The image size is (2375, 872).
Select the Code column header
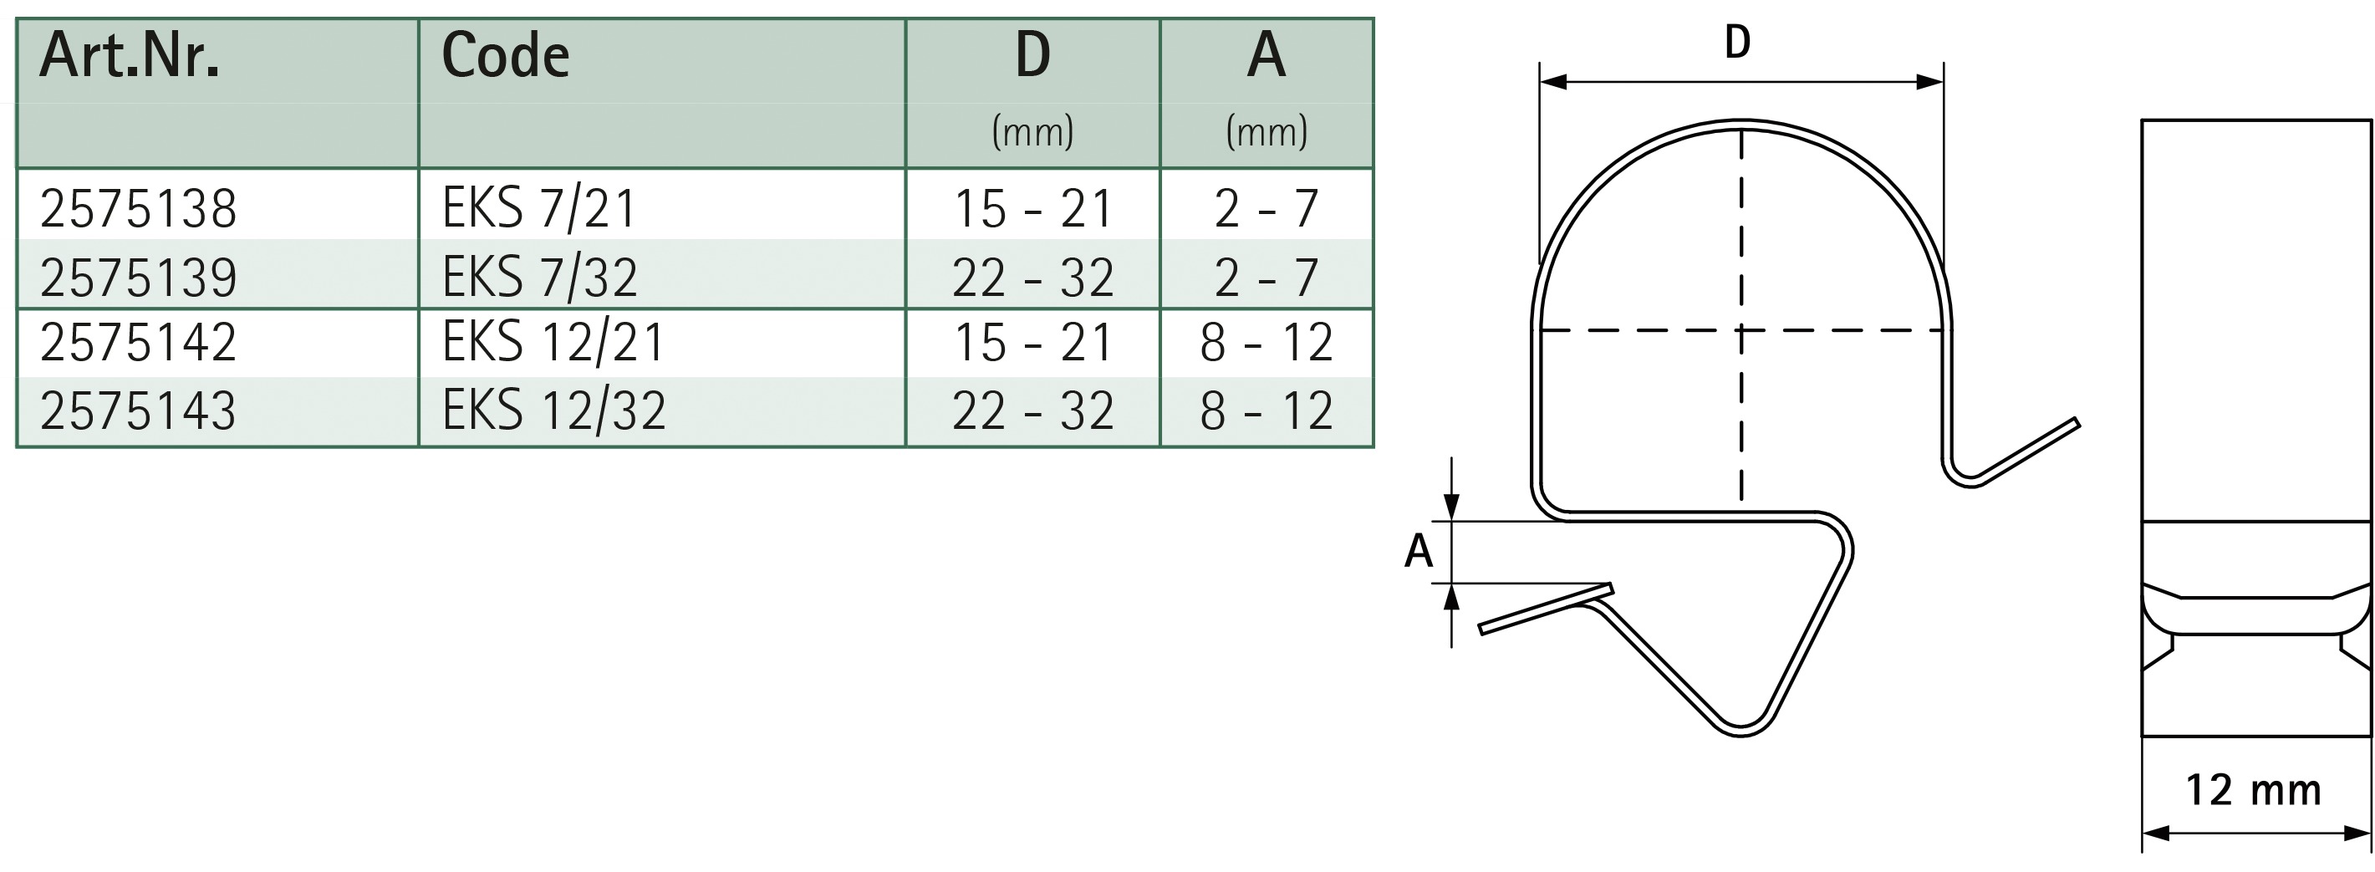point(505,55)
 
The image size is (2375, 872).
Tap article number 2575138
point(138,208)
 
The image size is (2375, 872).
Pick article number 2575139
point(138,277)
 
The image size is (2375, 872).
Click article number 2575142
point(138,342)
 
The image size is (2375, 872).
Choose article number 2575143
point(138,411)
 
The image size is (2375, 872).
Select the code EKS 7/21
point(539,208)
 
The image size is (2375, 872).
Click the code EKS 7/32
point(539,277)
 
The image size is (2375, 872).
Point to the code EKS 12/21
point(553,342)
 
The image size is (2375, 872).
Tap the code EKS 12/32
point(553,411)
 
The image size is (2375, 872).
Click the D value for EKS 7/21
point(1032,208)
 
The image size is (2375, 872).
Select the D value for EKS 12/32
point(1032,411)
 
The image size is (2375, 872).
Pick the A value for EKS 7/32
point(1266,277)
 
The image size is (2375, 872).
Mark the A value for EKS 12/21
point(1266,342)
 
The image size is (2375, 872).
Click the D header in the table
point(1032,55)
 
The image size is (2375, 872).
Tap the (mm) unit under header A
point(1266,132)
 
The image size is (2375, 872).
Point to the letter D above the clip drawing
point(1737,43)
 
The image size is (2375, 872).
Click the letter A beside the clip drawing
point(1418,550)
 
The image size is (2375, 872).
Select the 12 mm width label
point(2253,790)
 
